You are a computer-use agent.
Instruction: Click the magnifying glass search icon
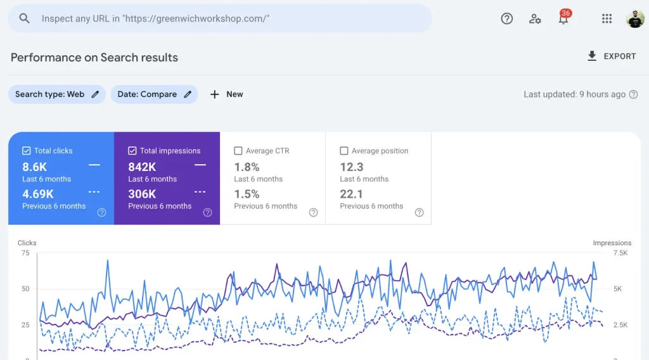(25, 18)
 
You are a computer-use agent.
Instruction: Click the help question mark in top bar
(507, 18)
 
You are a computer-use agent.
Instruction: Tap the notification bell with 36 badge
(563, 19)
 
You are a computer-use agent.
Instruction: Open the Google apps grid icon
(607, 18)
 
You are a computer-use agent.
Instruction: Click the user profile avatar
(635, 18)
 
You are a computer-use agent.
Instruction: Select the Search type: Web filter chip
(56, 94)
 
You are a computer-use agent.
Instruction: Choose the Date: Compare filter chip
(154, 94)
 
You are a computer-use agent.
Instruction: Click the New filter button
(226, 94)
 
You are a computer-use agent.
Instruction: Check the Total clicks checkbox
(26, 151)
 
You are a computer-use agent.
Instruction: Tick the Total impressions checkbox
(132, 151)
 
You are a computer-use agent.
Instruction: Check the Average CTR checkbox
(238, 151)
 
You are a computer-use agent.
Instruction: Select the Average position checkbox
(344, 151)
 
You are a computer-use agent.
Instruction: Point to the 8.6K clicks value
(35, 167)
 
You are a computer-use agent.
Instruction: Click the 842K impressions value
(142, 167)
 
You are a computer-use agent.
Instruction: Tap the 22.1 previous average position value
(352, 194)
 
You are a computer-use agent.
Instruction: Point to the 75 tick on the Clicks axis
(25, 253)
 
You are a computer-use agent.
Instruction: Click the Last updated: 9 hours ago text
(574, 94)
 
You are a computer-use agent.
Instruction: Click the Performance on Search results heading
(94, 57)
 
